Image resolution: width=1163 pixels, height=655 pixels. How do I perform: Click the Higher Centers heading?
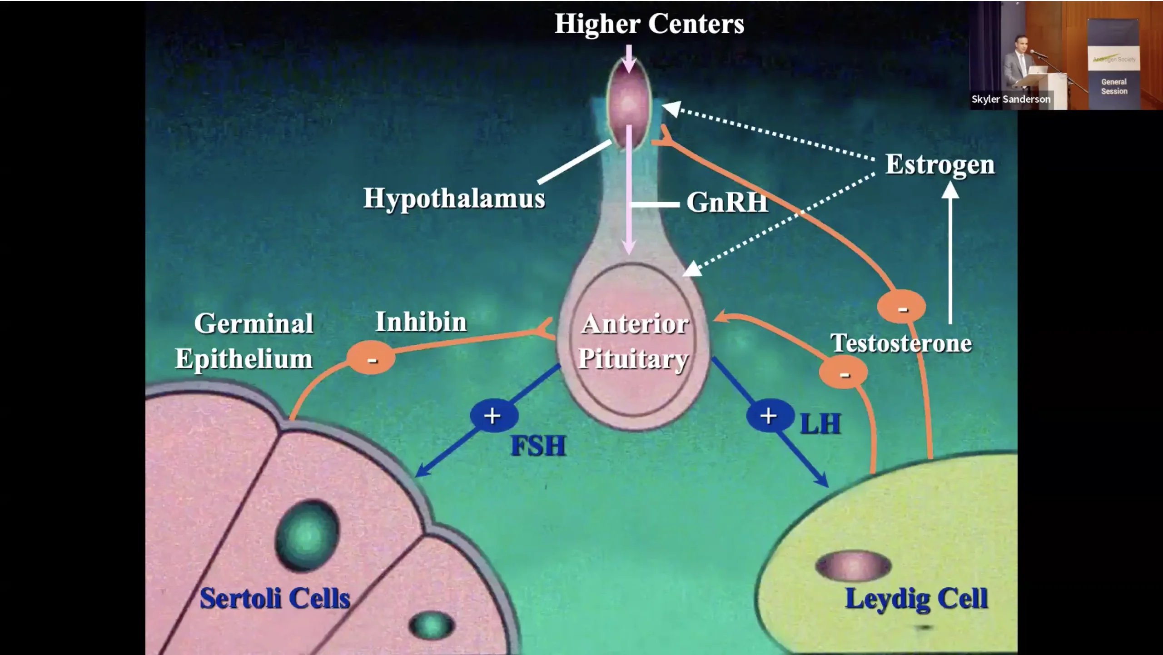pyautogui.click(x=649, y=24)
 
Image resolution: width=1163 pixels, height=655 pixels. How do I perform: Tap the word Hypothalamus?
pyautogui.click(x=454, y=198)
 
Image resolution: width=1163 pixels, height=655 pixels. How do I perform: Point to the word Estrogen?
pyautogui.click(x=939, y=164)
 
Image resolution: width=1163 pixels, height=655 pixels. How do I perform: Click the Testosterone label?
pyautogui.click(x=901, y=343)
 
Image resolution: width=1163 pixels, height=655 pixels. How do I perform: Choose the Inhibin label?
pyautogui.click(x=421, y=322)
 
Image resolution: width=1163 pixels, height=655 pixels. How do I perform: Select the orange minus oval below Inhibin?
pyautogui.click(x=371, y=358)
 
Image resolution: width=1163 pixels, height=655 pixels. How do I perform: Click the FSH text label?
pyautogui.click(x=538, y=446)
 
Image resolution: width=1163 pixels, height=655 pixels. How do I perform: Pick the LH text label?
pyautogui.click(x=820, y=424)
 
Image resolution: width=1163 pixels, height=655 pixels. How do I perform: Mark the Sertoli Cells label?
pyautogui.click(x=275, y=598)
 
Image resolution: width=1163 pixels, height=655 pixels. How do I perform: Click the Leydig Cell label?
pyautogui.click(x=916, y=598)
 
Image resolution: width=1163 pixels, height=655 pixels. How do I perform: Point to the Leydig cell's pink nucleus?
pyautogui.click(x=853, y=566)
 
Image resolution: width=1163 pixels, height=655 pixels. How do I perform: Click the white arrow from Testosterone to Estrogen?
pyautogui.click(x=950, y=254)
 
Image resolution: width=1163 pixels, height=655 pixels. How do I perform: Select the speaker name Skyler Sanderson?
pyautogui.click(x=1011, y=99)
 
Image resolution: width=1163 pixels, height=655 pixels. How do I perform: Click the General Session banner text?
pyautogui.click(x=1114, y=86)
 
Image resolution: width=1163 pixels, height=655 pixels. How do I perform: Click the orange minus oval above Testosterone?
pyautogui.click(x=901, y=308)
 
